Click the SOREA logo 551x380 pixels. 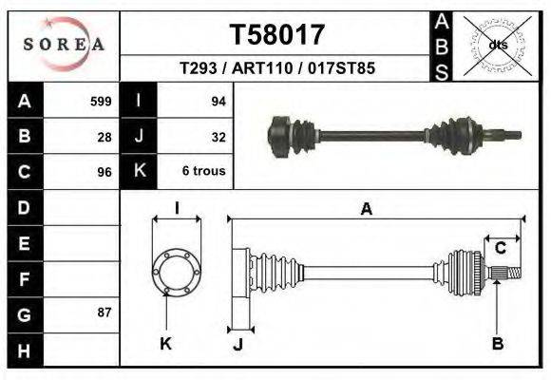click(63, 45)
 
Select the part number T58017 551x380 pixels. click(276, 35)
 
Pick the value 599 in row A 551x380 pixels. click(101, 101)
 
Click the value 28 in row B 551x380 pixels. click(104, 136)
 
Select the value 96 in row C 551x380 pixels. click(104, 172)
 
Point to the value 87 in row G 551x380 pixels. click(104, 313)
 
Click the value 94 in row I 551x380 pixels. click(218, 101)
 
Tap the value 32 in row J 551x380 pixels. click(218, 136)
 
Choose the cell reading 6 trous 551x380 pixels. click(203, 172)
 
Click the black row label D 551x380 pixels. click(25, 207)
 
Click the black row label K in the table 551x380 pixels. click(139, 172)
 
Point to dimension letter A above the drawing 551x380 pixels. click(366, 210)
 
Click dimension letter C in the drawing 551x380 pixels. click(500, 249)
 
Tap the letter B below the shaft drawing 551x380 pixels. click(497, 343)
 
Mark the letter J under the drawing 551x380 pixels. click(238, 345)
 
